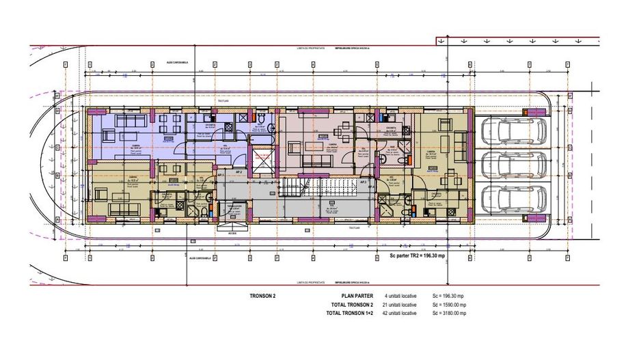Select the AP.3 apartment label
(364, 182)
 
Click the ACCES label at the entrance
(225, 232)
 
